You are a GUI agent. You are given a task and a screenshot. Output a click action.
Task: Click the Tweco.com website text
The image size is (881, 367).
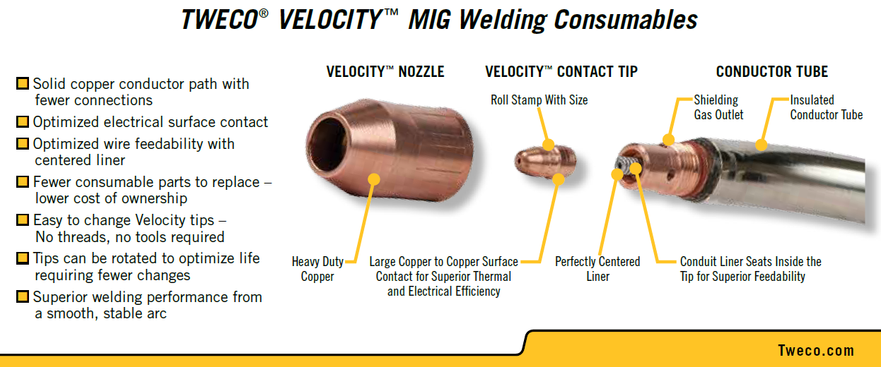[816, 351]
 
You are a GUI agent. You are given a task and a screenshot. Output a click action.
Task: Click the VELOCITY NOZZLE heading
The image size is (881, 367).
[385, 72]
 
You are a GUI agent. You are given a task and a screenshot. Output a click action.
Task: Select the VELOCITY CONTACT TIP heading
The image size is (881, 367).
[561, 72]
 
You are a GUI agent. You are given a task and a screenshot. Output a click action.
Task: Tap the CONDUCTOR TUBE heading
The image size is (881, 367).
[771, 72]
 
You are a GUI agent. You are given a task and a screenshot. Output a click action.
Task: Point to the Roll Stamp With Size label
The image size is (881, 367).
[539, 100]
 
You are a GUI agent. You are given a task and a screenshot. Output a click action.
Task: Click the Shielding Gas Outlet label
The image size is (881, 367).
[718, 107]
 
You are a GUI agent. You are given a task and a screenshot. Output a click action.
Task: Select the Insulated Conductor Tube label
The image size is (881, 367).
[827, 107]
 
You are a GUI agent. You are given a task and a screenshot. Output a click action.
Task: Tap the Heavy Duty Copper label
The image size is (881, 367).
[317, 269]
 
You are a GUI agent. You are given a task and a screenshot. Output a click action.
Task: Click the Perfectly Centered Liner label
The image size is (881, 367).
[597, 269]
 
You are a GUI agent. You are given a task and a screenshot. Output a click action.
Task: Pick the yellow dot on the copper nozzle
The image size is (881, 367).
[373, 179]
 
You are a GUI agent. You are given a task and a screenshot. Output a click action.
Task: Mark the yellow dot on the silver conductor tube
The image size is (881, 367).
[762, 145]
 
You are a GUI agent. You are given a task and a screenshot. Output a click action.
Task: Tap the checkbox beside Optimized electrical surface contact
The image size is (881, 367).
[23, 121]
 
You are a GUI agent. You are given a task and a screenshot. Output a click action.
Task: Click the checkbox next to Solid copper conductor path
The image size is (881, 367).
[23, 83]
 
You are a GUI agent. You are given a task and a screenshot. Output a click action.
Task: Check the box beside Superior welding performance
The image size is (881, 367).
[23, 296]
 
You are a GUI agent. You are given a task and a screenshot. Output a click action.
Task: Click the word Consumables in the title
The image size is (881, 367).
[626, 20]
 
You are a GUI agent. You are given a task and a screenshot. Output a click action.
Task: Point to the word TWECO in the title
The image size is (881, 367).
[219, 20]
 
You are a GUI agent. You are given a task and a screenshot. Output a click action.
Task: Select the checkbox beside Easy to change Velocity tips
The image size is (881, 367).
[23, 219]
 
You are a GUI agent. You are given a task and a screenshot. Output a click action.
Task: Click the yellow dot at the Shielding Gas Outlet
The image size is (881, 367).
[669, 139]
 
